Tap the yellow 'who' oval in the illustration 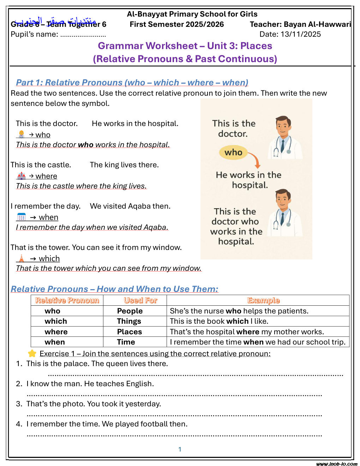[233, 153]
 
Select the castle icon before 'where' [22, 176]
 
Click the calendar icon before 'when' [22, 217]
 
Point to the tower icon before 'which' [22, 258]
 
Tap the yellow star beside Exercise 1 [32, 353]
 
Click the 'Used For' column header [140, 300]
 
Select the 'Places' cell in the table [129, 332]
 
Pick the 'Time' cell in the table [126, 342]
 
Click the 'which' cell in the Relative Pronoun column [56, 321]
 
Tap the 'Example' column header [263, 300]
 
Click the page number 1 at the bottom [180, 449]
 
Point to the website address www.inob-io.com [337, 464]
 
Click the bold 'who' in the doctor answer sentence [85, 145]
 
